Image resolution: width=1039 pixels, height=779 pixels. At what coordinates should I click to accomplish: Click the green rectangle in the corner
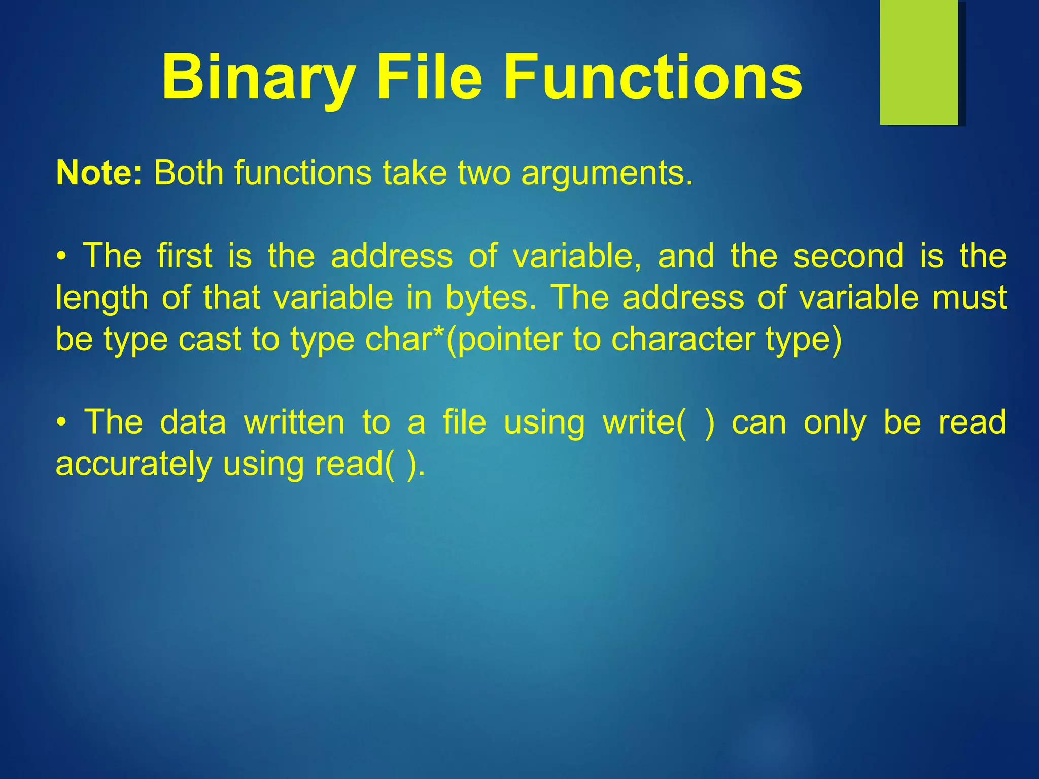(x=919, y=62)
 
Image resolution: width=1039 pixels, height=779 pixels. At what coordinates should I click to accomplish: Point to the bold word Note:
(x=99, y=173)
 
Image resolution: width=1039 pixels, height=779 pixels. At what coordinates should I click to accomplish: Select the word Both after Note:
(x=188, y=173)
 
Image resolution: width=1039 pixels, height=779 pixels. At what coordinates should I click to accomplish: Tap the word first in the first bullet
(x=184, y=256)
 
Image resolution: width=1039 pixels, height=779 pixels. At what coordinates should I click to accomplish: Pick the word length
(x=101, y=298)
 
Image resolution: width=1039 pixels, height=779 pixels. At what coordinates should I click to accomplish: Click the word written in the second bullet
(x=294, y=422)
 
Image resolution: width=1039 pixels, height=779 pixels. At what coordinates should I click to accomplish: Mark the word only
(x=835, y=423)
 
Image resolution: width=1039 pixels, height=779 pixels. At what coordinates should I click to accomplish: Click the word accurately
(x=133, y=465)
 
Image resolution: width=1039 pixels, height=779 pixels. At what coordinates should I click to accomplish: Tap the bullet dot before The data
(x=61, y=422)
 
